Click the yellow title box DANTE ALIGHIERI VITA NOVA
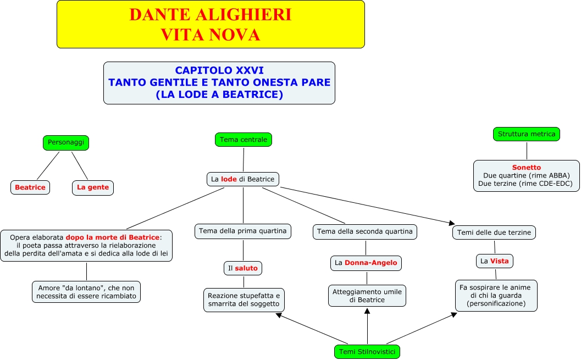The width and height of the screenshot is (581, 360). coord(211,24)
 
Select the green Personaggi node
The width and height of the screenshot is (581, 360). coord(66,142)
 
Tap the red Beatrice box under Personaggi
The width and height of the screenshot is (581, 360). coord(30,187)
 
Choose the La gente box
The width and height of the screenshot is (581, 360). coord(93,187)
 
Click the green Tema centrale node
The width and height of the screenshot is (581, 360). coord(244,140)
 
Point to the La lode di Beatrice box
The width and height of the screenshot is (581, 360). coord(243,179)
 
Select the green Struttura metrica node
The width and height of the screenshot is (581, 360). coord(527,134)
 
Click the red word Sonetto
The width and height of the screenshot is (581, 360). coord(527,168)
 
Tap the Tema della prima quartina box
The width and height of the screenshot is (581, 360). coord(243,231)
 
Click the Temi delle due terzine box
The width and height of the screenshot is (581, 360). coord(494,232)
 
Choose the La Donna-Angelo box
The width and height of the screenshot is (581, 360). coord(366,263)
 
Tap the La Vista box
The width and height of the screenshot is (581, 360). coord(495,261)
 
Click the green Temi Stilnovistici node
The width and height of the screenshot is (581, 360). coord(367,351)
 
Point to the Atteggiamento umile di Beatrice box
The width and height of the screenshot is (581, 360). coord(367,296)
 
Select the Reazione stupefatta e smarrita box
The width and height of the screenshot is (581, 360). coord(244,300)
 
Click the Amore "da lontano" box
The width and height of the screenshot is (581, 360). coord(86,292)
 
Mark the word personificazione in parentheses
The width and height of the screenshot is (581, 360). coord(496,303)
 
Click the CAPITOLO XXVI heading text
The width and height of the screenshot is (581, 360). coord(219,70)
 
